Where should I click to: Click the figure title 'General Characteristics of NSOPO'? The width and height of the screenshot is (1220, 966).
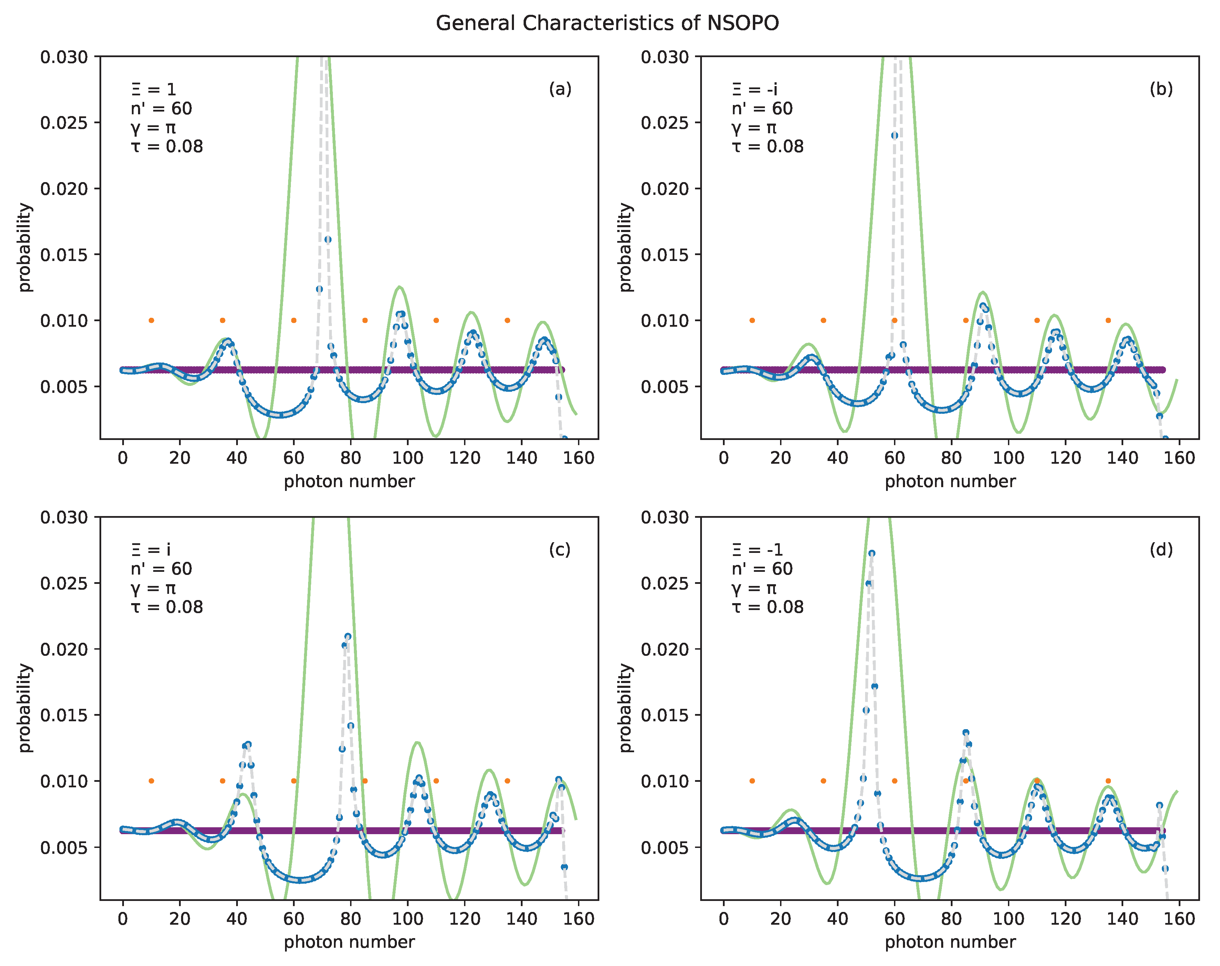point(607,23)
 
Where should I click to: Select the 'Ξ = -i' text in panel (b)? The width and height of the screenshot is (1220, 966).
point(755,90)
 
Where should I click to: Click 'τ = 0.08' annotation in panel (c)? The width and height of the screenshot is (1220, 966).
point(167,607)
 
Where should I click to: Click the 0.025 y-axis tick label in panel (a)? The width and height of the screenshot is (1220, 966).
point(64,123)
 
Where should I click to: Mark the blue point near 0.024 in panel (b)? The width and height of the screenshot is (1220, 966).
point(894,136)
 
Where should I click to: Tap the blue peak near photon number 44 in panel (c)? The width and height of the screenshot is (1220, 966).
point(248,745)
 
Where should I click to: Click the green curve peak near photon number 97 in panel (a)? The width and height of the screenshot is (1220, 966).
point(399,287)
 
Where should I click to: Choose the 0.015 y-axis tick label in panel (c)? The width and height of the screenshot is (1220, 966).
point(64,715)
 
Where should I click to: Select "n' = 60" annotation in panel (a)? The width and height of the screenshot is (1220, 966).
point(161,108)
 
